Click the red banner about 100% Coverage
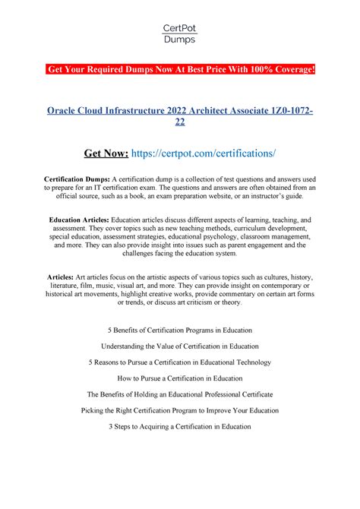coord(180,71)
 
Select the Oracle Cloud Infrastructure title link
coord(180,118)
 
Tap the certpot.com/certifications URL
coord(213,154)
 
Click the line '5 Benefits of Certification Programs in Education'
coord(180,330)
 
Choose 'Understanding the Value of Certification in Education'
coord(180,346)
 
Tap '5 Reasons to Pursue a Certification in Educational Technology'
coord(180,362)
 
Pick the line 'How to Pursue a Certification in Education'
coord(180,378)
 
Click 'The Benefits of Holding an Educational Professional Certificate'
coord(180,394)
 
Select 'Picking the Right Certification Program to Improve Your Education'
coord(180,410)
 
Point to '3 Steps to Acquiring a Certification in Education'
coord(180,426)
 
